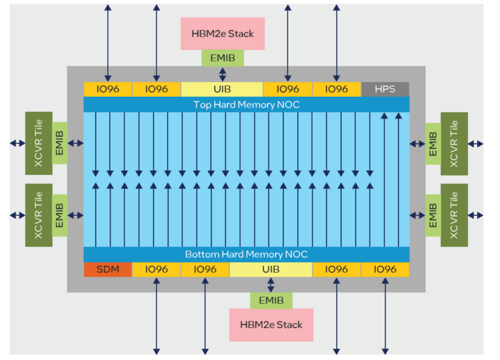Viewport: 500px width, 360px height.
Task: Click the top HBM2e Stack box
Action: point(223,34)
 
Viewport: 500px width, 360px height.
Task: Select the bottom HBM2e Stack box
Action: point(271,325)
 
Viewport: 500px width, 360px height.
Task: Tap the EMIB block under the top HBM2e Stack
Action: point(223,58)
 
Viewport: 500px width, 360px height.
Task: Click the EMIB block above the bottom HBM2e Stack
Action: point(271,301)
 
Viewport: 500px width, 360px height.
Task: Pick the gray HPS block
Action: point(385,89)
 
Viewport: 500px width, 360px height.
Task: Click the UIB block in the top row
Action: point(222,89)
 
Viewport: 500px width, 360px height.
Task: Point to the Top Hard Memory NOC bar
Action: point(246,104)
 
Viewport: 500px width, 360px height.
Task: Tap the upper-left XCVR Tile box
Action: point(38,143)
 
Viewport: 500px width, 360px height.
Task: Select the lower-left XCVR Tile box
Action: point(38,215)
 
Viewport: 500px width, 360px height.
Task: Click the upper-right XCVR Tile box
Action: point(454,143)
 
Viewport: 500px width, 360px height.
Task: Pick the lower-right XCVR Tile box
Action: point(454,215)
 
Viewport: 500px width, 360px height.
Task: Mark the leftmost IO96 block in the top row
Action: point(107,89)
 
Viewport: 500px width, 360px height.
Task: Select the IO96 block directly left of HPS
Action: point(336,89)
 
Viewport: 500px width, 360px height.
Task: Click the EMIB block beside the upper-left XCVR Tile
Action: point(60,143)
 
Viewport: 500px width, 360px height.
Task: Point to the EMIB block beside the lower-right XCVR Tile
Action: point(433,215)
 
